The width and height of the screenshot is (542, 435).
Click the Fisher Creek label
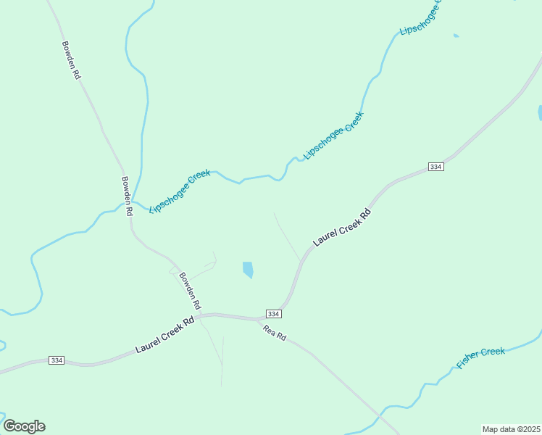click(x=480, y=356)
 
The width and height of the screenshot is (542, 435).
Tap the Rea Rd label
click(x=275, y=333)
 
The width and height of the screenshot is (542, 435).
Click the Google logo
click(x=24, y=426)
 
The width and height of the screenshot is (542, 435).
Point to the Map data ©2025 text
click(x=512, y=429)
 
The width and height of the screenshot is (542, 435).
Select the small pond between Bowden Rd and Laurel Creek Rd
click(x=248, y=270)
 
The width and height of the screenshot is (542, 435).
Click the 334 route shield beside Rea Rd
click(x=272, y=313)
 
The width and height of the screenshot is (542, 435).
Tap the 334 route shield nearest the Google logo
click(x=57, y=360)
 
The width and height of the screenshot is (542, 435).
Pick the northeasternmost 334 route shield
click(x=435, y=167)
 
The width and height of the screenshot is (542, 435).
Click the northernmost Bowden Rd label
click(x=70, y=60)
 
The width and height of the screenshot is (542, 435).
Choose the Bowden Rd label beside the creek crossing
click(x=128, y=196)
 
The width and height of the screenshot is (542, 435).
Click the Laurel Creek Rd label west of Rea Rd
click(x=164, y=334)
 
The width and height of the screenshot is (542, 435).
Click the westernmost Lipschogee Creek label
click(x=179, y=191)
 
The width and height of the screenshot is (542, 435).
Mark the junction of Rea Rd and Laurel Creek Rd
click(x=259, y=320)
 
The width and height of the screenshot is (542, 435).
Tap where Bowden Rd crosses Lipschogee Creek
click(x=133, y=201)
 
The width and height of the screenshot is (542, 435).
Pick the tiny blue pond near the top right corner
click(x=456, y=36)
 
